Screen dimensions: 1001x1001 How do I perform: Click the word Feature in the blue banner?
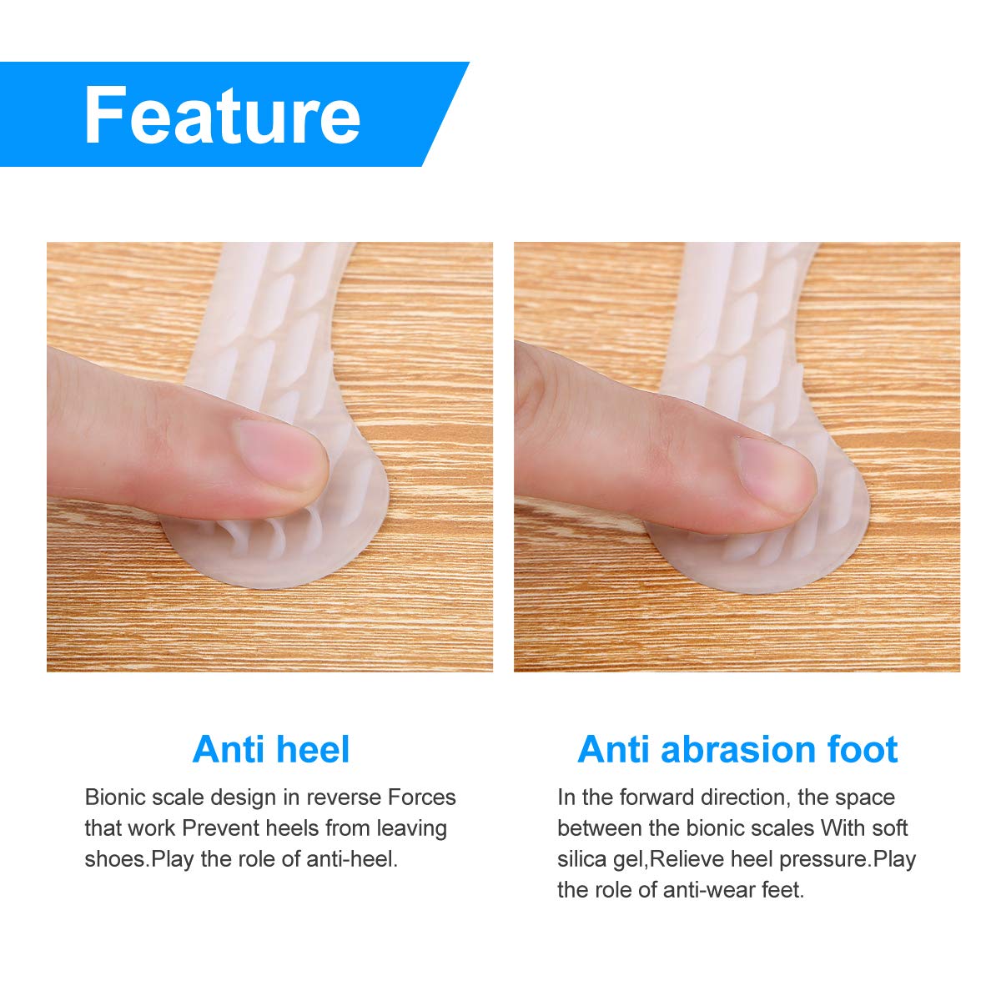(222, 115)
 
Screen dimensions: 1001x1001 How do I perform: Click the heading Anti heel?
(271, 749)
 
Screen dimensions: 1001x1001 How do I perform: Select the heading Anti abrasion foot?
(737, 749)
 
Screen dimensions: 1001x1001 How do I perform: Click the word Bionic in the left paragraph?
(114, 797)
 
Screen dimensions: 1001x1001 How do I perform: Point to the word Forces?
(422, 797)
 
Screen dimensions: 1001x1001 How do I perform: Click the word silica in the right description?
(582, 859)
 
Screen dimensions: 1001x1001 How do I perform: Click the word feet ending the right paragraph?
(782, 890)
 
